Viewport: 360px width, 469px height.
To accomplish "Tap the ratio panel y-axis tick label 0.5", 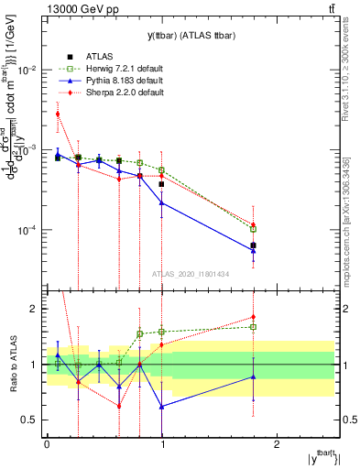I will (31, 420).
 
